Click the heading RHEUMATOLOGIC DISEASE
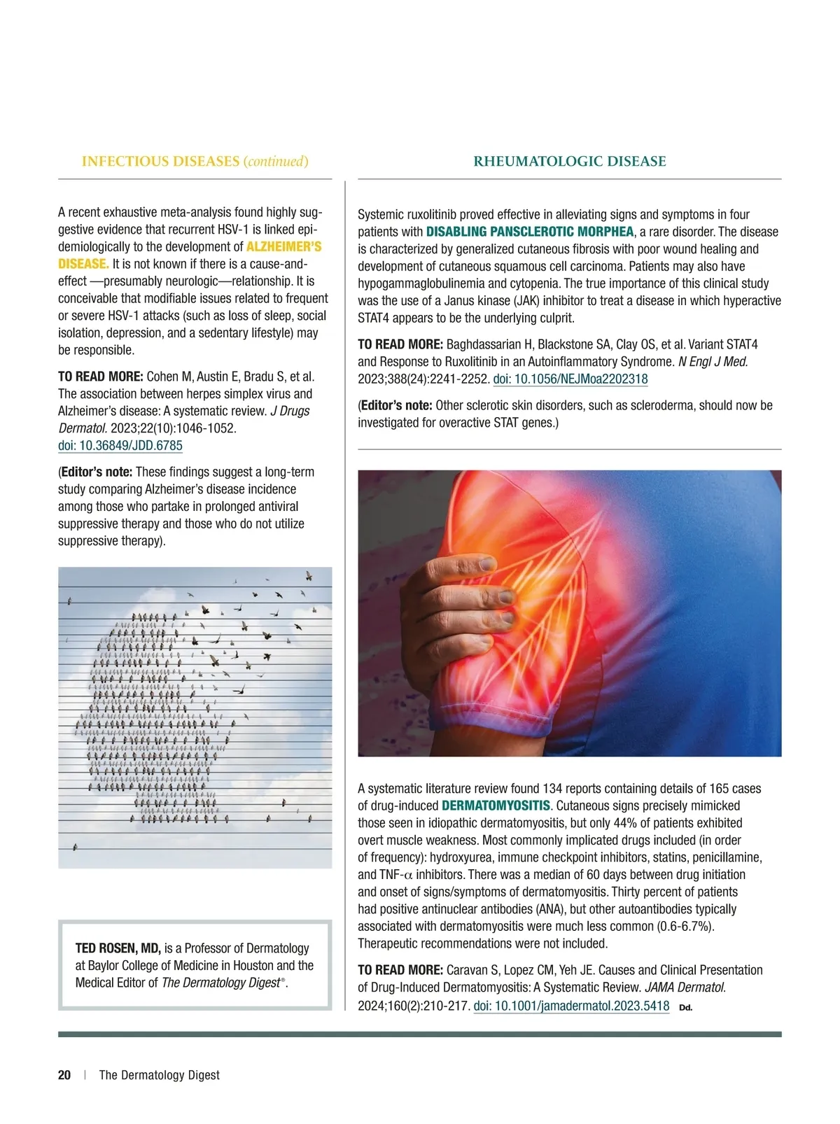pos(570,162)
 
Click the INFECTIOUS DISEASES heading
pos(160,162)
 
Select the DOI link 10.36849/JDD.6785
pos(120,446)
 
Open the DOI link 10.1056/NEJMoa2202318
pos(570,379)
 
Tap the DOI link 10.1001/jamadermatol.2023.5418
pos(571,1006)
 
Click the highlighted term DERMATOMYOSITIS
pos(496,806)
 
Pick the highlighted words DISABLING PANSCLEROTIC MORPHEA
pos(530,232)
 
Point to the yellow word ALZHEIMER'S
pos(283,247)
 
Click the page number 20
pos(64,1075)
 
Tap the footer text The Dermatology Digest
pos(160,1075)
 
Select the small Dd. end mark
pos(685,1008)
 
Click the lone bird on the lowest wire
pos(76,848)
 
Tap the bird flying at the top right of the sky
pos(308,577)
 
